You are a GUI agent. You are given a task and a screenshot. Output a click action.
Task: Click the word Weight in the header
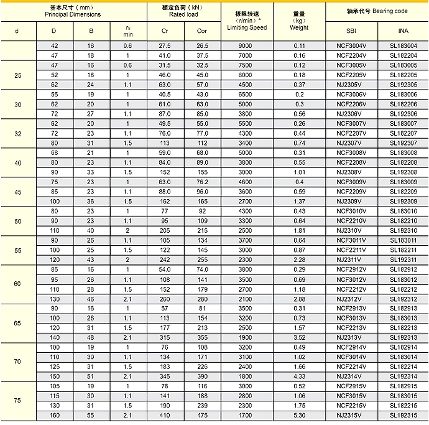pos(299,27)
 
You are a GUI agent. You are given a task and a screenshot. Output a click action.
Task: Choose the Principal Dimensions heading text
pos(73,13)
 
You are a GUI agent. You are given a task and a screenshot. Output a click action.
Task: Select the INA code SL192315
pos(403,414)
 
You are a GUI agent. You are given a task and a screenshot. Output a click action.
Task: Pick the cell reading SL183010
pos(403,211)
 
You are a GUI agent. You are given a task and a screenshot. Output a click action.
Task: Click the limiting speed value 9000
pos(246,45)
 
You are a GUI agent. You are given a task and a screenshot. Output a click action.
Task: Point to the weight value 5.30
pos(299,414)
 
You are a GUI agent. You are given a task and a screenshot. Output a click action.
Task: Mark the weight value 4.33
pos(299,376)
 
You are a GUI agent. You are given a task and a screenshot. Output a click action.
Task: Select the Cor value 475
pos(202,414)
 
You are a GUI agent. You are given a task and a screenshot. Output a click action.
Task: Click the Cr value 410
pos(165,414)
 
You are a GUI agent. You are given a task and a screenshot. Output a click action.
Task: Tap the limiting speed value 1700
pos(246,414)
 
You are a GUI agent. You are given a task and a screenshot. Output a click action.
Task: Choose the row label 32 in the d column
pos(17,133)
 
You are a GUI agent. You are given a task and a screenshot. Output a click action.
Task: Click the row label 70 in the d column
pos(17,362)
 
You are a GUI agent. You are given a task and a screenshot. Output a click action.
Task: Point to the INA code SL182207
pos(403,133)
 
